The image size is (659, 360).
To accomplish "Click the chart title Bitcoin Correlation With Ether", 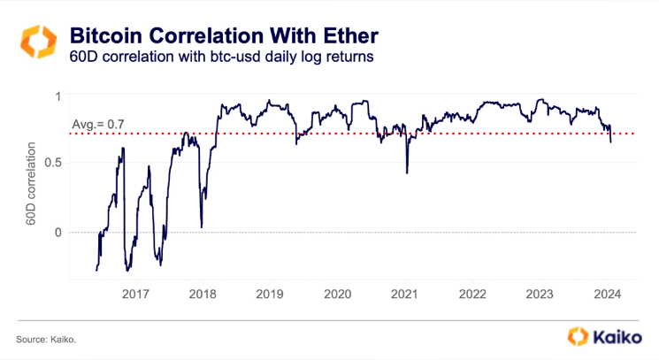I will click(x=223, y=36).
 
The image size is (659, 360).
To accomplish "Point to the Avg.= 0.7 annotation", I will click(x=98, y=124).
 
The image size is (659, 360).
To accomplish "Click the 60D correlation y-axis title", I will click(x=33, y=184).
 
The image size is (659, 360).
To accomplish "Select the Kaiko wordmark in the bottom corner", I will click(x=615, y=337).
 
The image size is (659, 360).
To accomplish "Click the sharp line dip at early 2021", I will click(x=407, y=172).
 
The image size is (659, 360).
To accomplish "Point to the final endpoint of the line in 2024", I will click(x=611, y=141).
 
